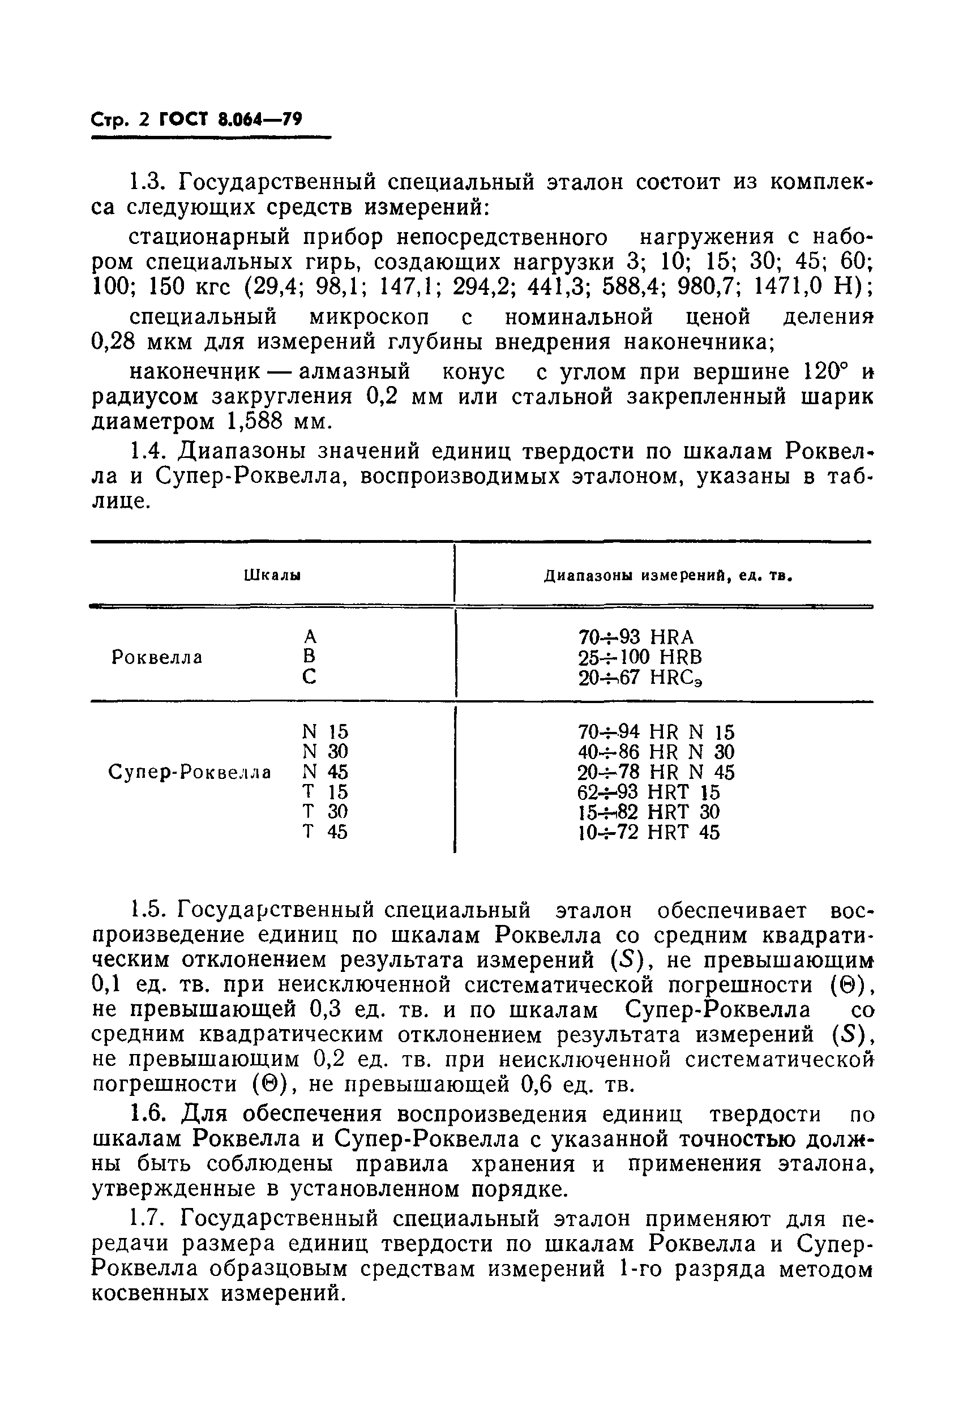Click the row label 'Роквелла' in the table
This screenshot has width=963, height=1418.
click(x=157, y=657)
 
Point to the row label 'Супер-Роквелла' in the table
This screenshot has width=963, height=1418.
click(x=189, y=773)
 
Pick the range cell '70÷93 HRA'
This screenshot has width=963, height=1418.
click(x=636, y=637)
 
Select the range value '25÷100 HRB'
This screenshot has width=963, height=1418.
click(x=640, y=657)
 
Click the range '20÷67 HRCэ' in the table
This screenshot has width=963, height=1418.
click(x=640, y=677)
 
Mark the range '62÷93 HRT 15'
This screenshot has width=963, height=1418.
click(x=649, y=792)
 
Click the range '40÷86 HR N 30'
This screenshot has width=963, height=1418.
click(x=656, y=752)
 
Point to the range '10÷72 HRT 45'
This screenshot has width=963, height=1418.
click(x=649, y=832)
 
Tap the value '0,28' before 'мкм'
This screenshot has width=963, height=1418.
click(x=112, y=342)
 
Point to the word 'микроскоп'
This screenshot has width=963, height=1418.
click(x=369, y=316)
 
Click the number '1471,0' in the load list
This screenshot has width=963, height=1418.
click(x=786, y=286)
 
